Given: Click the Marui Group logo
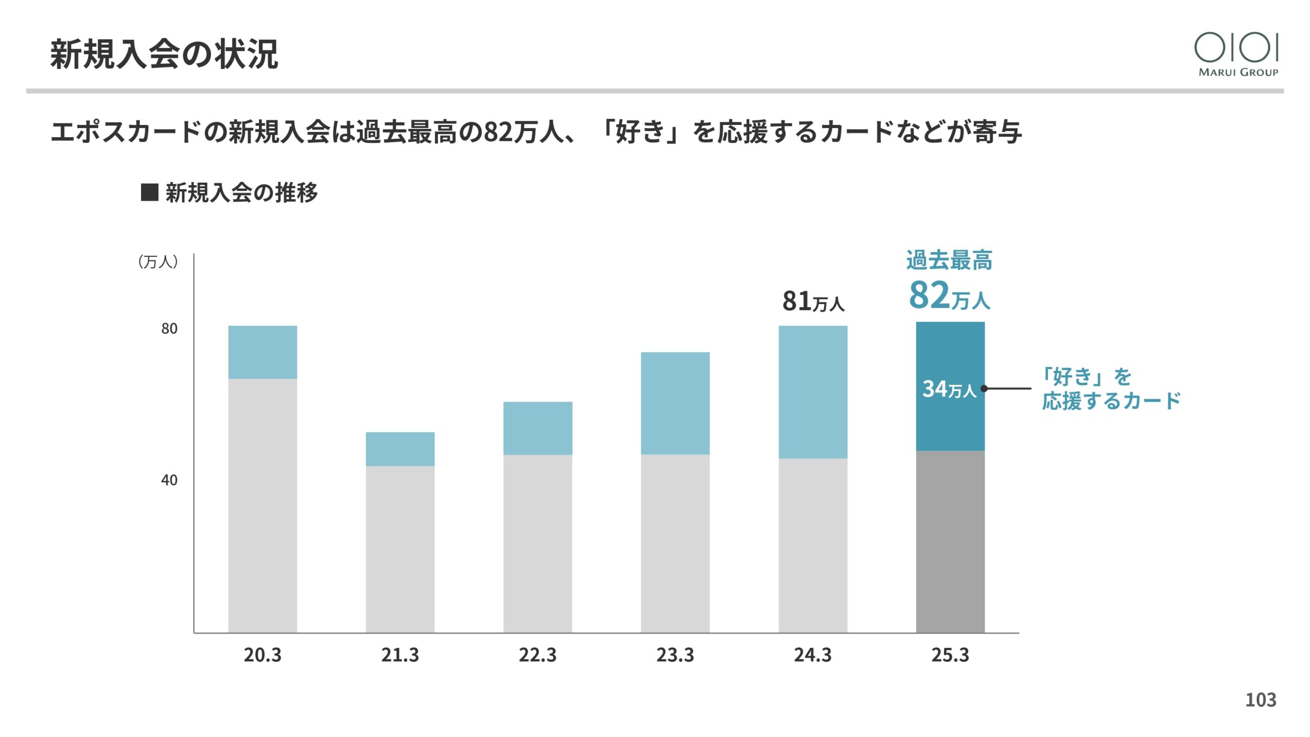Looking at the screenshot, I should (1237, 54).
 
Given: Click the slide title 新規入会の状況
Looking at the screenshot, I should (164, 54).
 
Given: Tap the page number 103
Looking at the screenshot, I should (1260, 700).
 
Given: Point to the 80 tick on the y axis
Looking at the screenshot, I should (169, 329).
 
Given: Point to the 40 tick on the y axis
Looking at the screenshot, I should (169, 480).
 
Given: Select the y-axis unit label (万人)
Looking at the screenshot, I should (158, 262).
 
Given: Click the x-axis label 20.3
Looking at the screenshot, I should (263, 655).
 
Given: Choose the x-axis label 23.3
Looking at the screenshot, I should (675, 655).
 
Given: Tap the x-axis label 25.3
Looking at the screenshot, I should (950, 655).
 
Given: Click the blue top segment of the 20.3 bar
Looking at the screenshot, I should (263, 352).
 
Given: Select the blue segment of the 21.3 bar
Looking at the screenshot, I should (400, 449).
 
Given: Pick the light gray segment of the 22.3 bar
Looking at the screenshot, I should (538, 543).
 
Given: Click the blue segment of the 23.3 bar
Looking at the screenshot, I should (675, 403).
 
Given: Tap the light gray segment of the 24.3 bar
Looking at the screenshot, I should (813, 545).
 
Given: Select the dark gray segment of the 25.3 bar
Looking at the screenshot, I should (950, 541).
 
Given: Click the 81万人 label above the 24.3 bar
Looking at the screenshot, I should (813, 301).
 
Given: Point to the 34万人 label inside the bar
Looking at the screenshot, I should (949, 389).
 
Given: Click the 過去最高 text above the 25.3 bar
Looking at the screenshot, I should (949, 260).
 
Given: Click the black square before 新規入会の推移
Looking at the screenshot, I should (149, 193).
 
